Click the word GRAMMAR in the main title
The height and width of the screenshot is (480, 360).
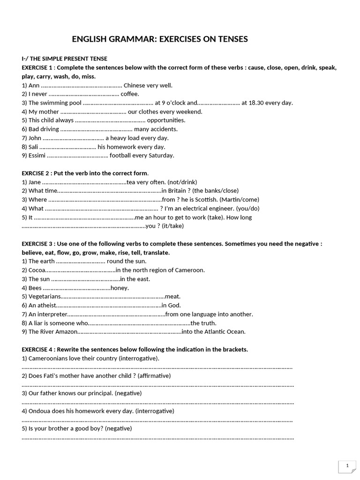tap(129, 39)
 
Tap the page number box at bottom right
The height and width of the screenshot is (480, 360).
tap(347, 466)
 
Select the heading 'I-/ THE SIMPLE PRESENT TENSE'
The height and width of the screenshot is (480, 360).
tap(65, 59)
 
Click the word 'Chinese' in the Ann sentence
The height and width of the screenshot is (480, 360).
tap(135, 85)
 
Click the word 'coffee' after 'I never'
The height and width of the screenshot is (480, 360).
tap(130, 94)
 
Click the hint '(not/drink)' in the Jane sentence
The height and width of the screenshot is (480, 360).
tap(181, 182)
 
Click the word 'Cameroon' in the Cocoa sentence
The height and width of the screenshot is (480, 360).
tap(190, 270)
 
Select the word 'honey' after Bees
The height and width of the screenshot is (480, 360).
tap(120, 288)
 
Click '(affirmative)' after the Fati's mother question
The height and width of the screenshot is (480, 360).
tap(154, 376)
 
